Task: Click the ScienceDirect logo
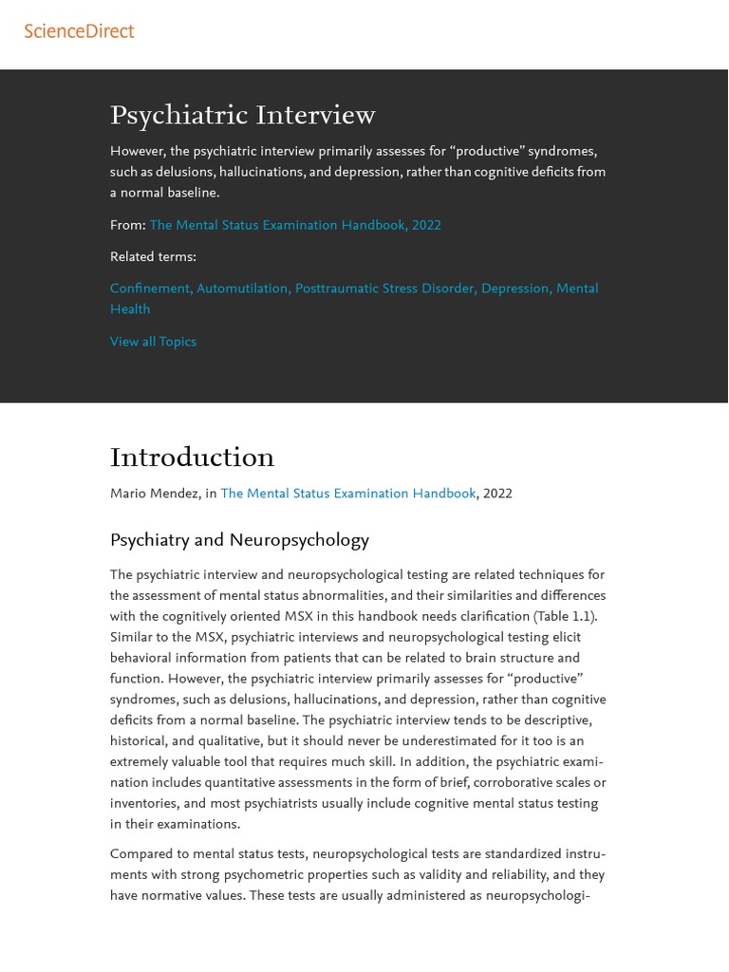coord(79,31)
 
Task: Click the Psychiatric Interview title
coord(242,116)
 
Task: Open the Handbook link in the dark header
coord(294,225)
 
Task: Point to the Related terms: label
coord(153,256)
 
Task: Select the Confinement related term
coord(149,289)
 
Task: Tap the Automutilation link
coord(243,289)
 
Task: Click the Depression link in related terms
coord(514,289)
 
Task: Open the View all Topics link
coord(153,342)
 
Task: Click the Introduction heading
coord(192,458)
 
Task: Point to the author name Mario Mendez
coord(156,494)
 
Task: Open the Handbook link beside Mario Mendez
coord(347,494)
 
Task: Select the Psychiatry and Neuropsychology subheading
coord(239,540)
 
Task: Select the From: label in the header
coord(127,225)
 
